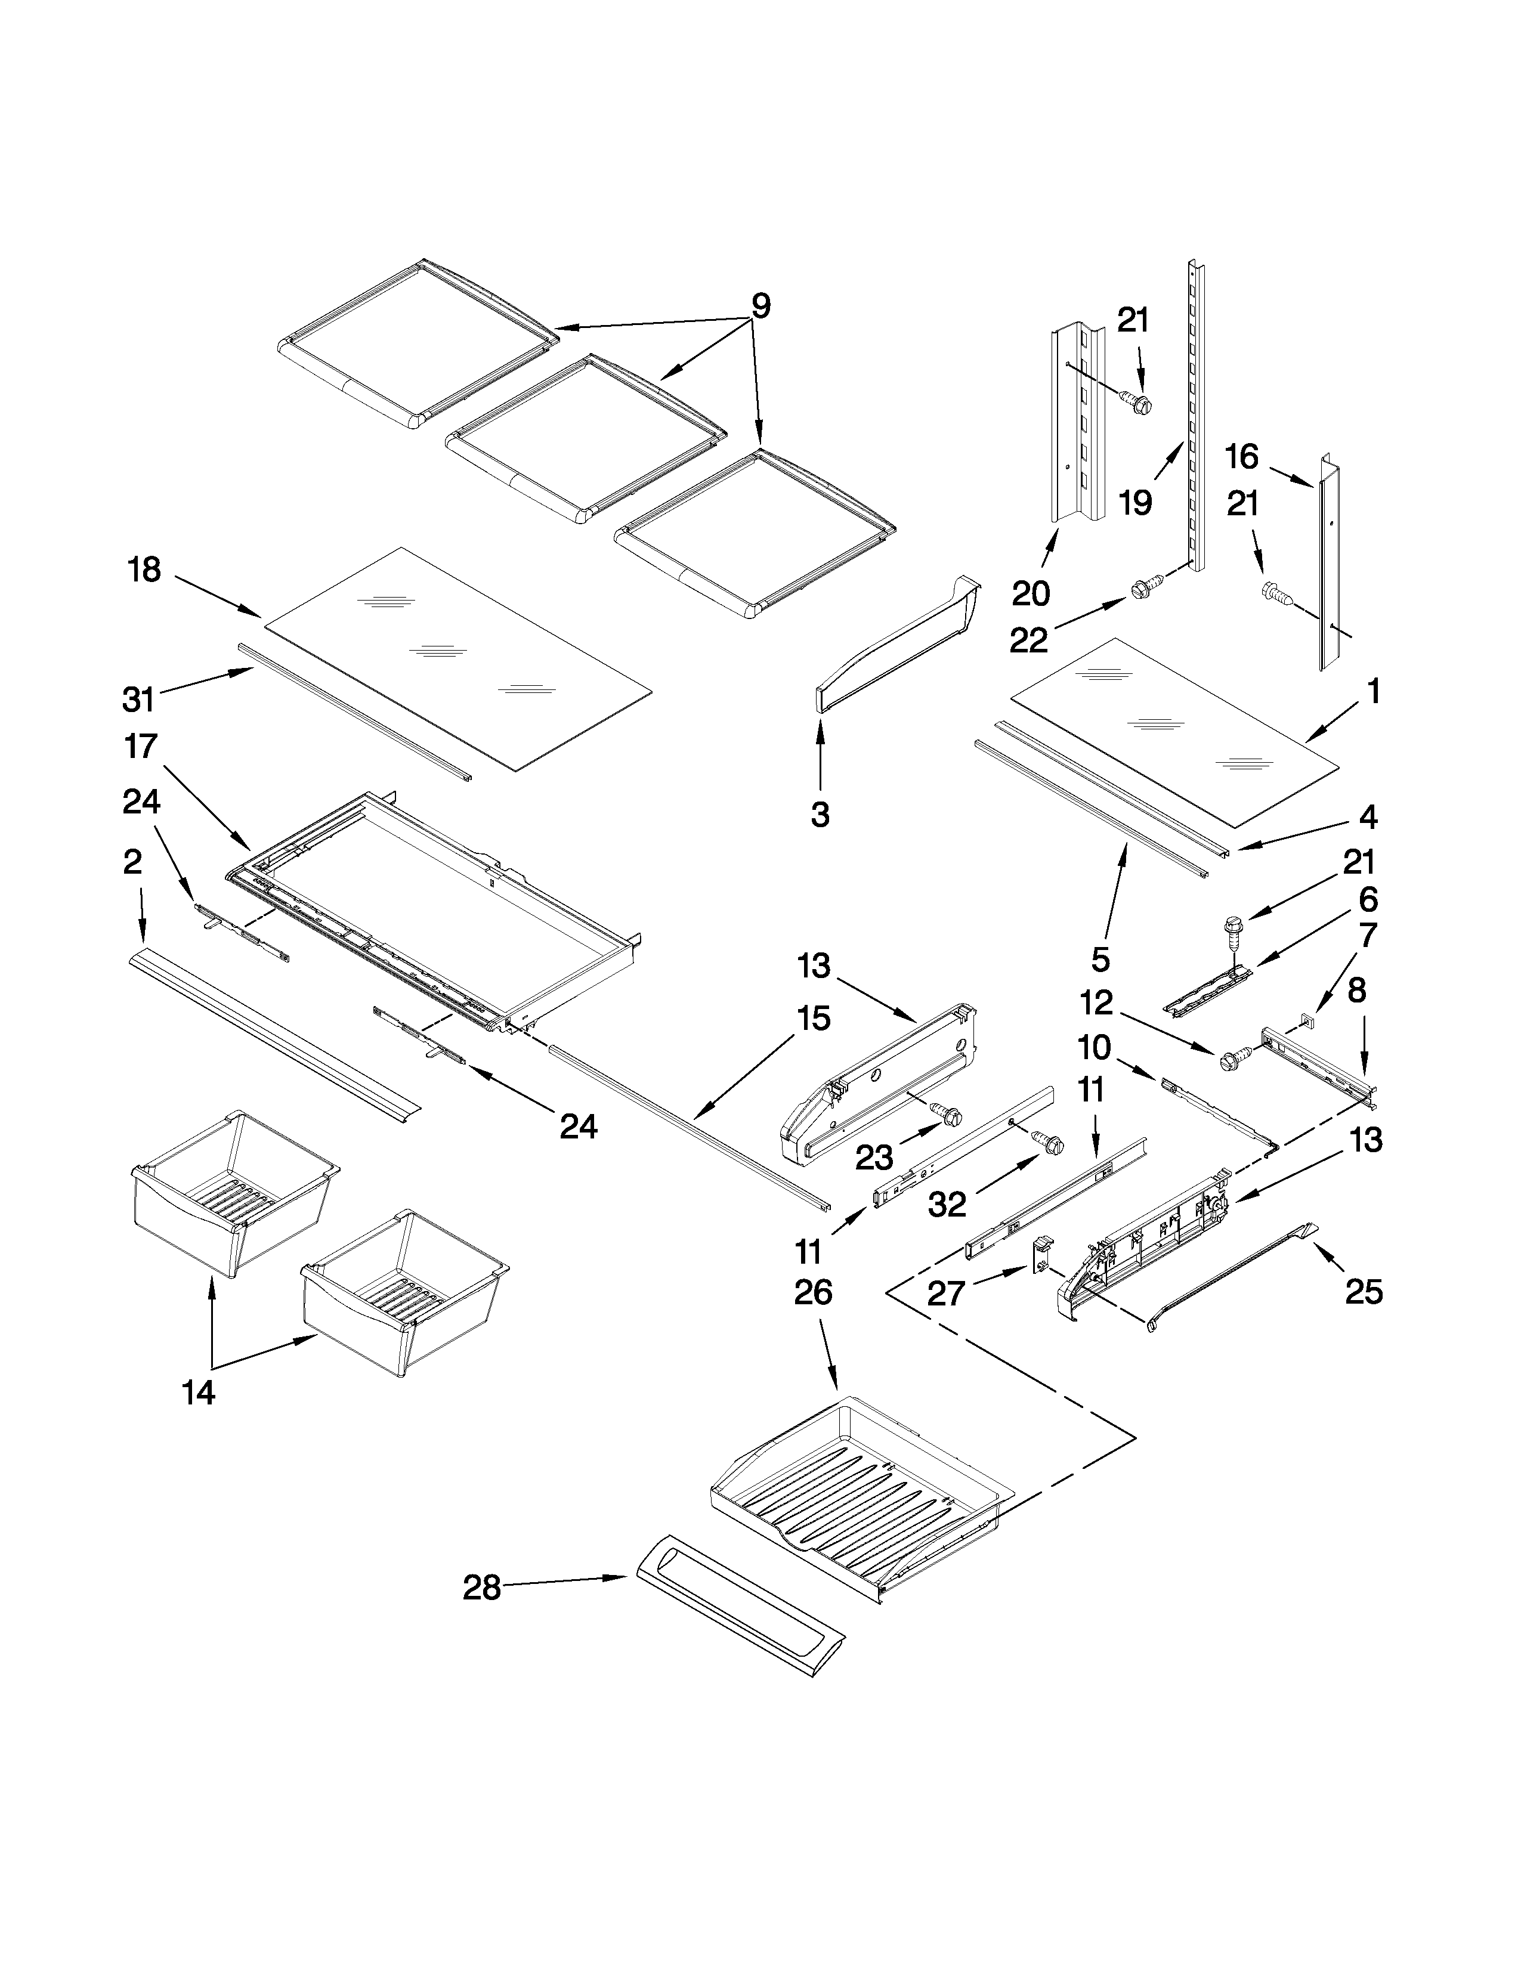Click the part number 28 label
coord(481,1588)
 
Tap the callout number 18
coord(144,570)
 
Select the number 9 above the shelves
coord(760,307)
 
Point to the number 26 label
coord(813,1292)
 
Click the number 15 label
coord(813,1019)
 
